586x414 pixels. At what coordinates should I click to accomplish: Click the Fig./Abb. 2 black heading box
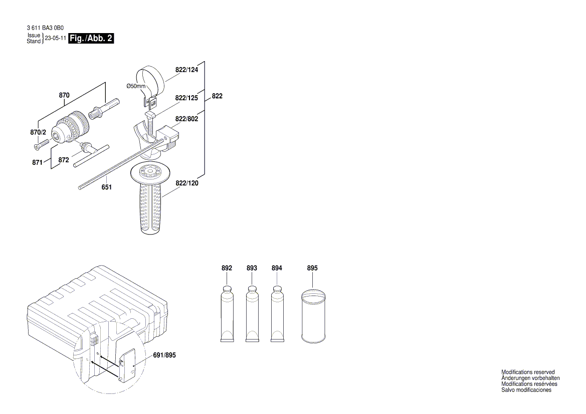[91, 39]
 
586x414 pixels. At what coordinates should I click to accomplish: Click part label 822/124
[186, 70]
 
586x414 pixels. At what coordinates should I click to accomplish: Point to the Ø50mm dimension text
[135, 86]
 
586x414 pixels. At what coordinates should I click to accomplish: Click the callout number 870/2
[38, 132]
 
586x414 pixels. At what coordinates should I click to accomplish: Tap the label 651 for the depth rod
[106, 187]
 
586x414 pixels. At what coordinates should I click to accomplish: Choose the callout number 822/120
[187, 183]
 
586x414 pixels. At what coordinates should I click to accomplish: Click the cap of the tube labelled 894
[277, 289]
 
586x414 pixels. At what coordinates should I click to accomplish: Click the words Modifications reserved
[528, 372]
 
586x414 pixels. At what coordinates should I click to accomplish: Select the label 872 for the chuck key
[63, 160]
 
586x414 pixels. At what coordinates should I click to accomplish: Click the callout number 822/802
[186, 119]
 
